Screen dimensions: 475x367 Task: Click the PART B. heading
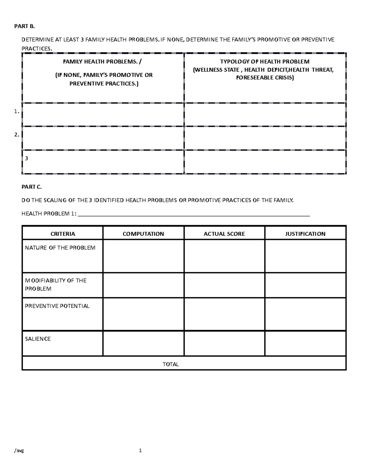point(25,26)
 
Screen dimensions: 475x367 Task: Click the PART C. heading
point(25,187)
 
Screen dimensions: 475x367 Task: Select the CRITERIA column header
point(63,234)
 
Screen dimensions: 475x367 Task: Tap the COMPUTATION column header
point(143,234)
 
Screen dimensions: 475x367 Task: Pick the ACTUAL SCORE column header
point(224,234)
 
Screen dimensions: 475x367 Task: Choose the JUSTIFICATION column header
point(305,234)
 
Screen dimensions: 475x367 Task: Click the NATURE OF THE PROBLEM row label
point(60,248)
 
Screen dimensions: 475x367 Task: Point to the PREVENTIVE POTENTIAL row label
point(57,306)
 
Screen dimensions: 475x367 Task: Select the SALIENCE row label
point(38,339)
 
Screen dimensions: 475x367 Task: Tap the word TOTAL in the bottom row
point(171,364)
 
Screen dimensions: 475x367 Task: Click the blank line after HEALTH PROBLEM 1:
point(194,214)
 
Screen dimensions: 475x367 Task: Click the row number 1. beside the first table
point(17,112)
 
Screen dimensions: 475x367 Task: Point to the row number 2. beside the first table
point(17,135)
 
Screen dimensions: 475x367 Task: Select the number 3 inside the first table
point(26,158)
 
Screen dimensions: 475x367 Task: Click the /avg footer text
point(19,450)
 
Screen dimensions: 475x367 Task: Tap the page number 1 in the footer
point(140,450)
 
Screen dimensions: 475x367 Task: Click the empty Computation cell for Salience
point(143,343)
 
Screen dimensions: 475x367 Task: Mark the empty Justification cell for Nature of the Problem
point(305,256)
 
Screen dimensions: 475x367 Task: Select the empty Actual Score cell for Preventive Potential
point(224,314)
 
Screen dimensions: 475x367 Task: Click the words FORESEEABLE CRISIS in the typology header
point(265,78)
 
